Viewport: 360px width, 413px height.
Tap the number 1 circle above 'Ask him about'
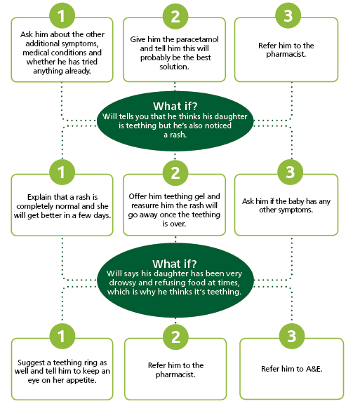62,15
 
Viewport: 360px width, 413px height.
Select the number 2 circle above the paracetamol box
175,16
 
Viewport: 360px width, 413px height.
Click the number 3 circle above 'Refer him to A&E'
292,336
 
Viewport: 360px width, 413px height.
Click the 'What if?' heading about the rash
175,106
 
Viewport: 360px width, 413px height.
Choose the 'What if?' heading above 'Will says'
175,264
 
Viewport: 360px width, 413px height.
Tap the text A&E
314,369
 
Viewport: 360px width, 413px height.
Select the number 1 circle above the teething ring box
62,337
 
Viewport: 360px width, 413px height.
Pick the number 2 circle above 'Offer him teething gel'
175,172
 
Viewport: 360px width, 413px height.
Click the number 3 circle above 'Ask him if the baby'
290,172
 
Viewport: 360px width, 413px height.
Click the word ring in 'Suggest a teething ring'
89,363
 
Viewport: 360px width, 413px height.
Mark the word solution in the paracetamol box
175,67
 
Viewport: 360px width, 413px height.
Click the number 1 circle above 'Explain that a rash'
62,172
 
